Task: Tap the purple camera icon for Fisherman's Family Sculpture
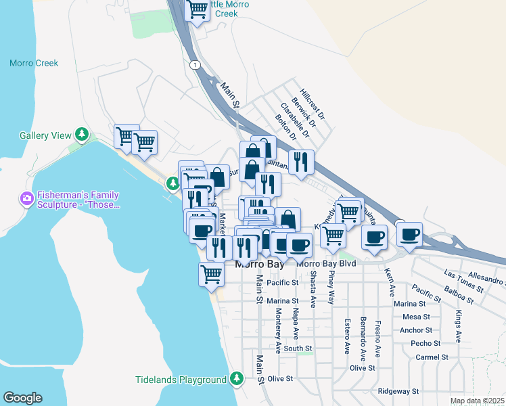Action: click(x=27, y=200)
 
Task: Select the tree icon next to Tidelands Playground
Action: click(x=236, y=379)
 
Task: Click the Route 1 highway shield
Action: click(x=195, y=64)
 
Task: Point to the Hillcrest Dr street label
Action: click(x=313, y=104)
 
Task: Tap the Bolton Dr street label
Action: click(x=286, y=127)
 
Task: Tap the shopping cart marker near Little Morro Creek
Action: click(x=198, y=10)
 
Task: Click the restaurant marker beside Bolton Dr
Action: click(x=301, y=161)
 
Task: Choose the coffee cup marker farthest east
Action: click(x=409, y=234)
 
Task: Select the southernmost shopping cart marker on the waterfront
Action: click(x=212, y=274)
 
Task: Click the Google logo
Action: click(x=22, y=398)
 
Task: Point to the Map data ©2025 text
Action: click(x=477, y=401)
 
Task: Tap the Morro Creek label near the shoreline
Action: click(x=34, y=63)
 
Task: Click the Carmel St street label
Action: click(x=432, y=357)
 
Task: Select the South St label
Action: click(x=298, y=349)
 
